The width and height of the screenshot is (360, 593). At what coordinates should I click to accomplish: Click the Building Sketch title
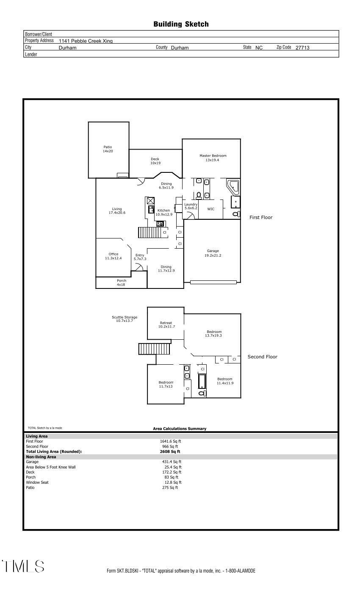click(181, 25)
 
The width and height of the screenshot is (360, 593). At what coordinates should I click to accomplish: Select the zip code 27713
click(302, 48)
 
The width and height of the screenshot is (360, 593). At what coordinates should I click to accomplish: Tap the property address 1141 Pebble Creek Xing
click(86, 41)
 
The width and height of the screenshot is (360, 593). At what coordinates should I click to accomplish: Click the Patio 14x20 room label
click(108, 149)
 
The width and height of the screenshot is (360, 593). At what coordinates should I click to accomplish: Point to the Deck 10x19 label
click(155, 161)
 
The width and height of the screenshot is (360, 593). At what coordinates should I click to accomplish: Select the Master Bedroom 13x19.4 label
click(213, 158)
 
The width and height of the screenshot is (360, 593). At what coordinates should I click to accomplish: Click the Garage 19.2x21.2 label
click(213, 253)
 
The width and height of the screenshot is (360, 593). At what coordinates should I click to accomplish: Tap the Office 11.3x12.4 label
click(113, 256)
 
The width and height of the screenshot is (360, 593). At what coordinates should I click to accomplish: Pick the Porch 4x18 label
click(121, 283)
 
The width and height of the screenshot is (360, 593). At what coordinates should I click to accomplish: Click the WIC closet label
click(210, 209)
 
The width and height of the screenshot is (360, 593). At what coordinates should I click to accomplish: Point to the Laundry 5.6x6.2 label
click(191, 206)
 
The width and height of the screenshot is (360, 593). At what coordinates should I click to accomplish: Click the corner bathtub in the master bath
click(233, 186)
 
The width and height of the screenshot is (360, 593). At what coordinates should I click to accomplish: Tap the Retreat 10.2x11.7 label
click(166, 325)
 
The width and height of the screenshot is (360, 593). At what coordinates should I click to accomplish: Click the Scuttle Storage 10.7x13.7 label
click(124, 319)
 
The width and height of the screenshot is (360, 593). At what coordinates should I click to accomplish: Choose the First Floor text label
click(260, 217)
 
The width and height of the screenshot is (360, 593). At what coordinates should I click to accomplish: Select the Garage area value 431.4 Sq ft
click(172, 462)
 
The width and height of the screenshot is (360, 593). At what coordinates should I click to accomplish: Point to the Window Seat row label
click(37, 482)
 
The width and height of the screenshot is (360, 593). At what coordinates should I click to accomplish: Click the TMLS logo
click(23, 566)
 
